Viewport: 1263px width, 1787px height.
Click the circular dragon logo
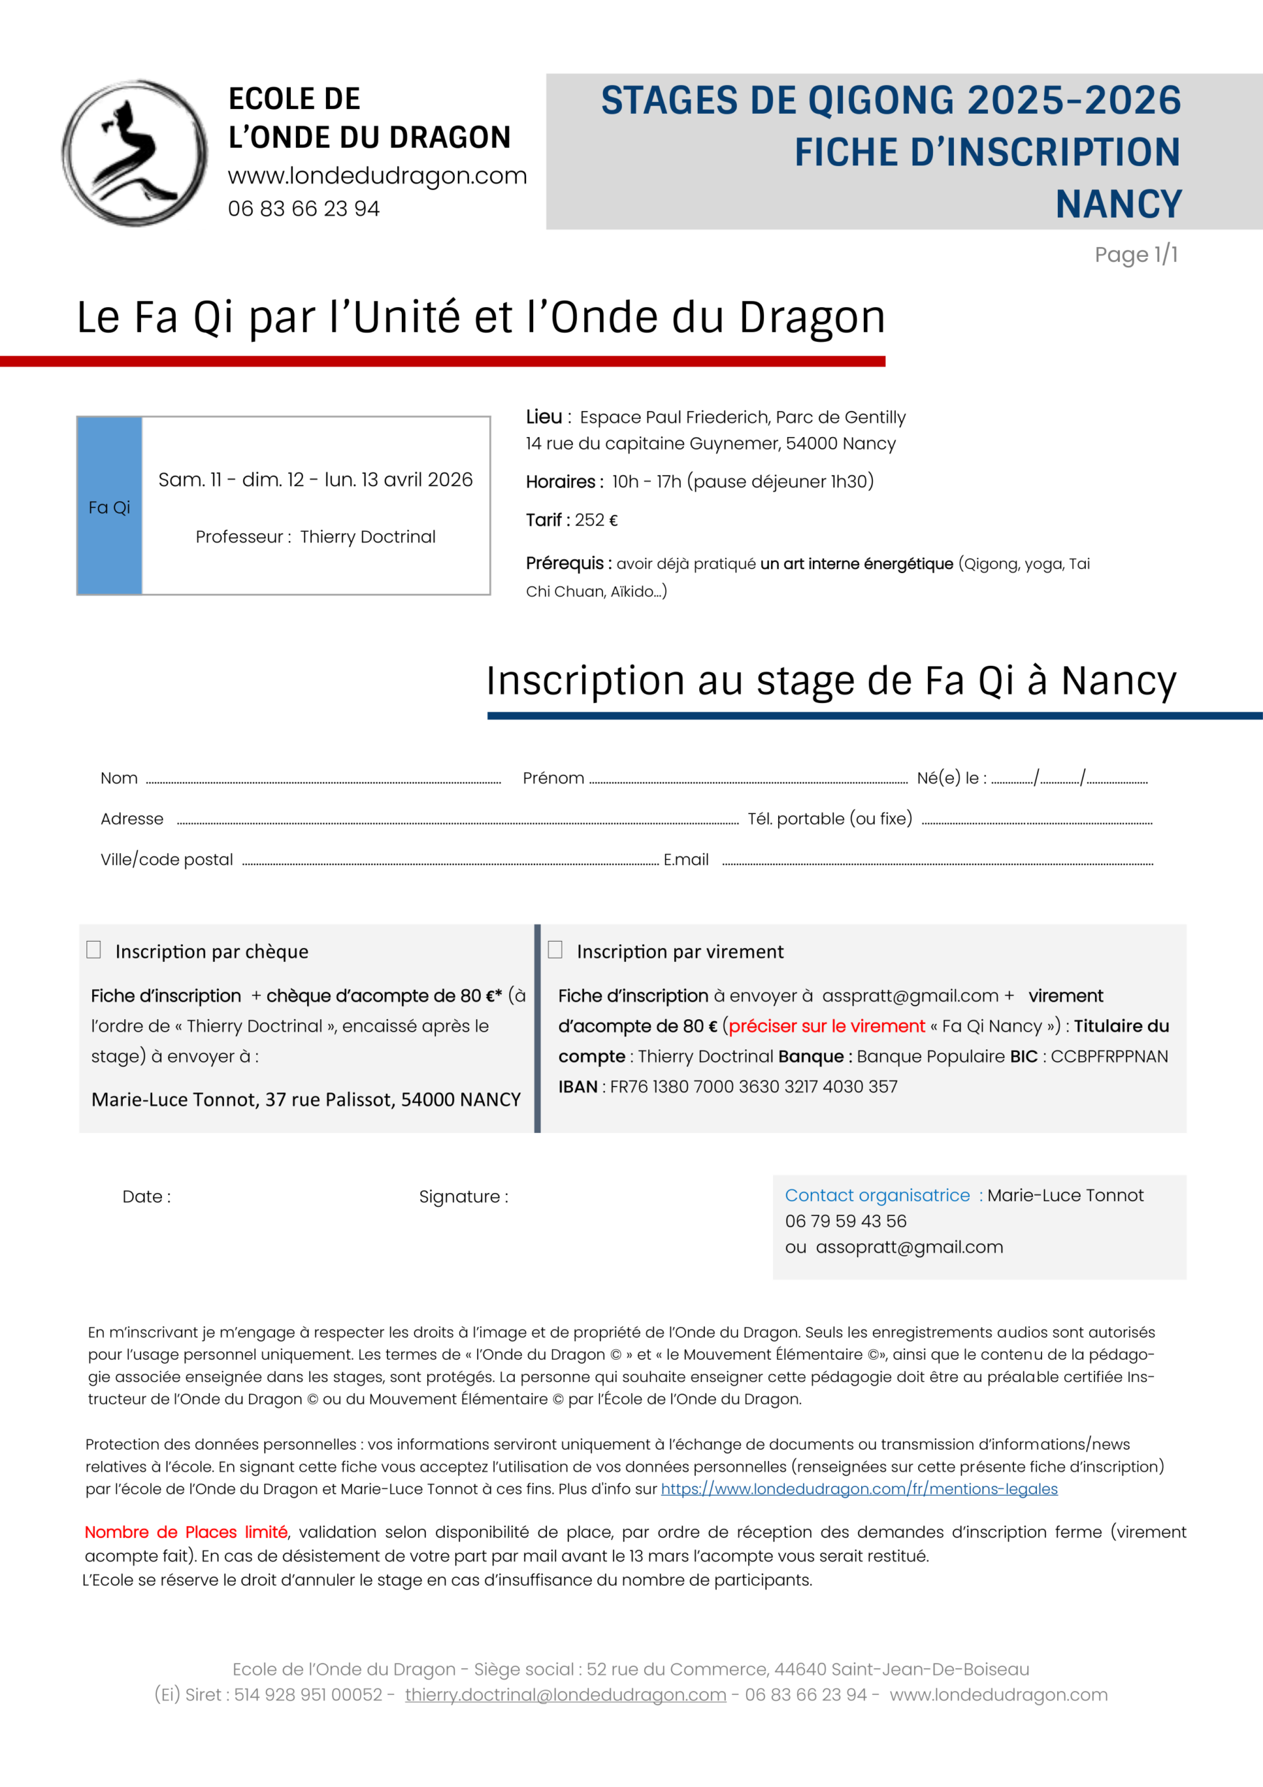(x=135, y=153)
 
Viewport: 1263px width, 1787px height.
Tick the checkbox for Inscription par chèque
(x=94, y=949)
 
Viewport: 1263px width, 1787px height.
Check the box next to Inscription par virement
(x=555, y=949)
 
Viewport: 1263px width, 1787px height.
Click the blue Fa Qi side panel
(x=109, y=506)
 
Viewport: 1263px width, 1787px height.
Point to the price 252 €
(x=596, y=520)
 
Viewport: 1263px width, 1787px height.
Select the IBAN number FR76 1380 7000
(x=754, y=1087)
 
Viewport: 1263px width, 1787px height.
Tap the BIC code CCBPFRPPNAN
(x=1109, y=1056)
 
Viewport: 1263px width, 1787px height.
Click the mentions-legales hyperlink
(x=859, y=1489)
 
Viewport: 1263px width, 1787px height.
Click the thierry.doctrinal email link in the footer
(x=565, y=1694)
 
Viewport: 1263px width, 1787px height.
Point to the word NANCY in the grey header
(x=1119, y=204)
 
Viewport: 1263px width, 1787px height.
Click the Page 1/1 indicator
(x=1135, y=255)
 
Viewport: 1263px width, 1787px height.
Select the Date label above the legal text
(x=147, y=1196)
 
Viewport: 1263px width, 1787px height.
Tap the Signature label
(x=463, y=1196)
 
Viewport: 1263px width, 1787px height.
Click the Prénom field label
(x=553, y=778)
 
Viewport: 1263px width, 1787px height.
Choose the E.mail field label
(x=686, y=859)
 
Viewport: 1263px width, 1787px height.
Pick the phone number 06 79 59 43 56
(x=846, y=1221)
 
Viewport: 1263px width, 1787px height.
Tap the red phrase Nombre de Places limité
(x=186, y=1532)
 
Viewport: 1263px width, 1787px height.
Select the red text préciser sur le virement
(x=826, y=1026)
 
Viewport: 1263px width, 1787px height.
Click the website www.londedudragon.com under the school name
(x=378, y=176)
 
